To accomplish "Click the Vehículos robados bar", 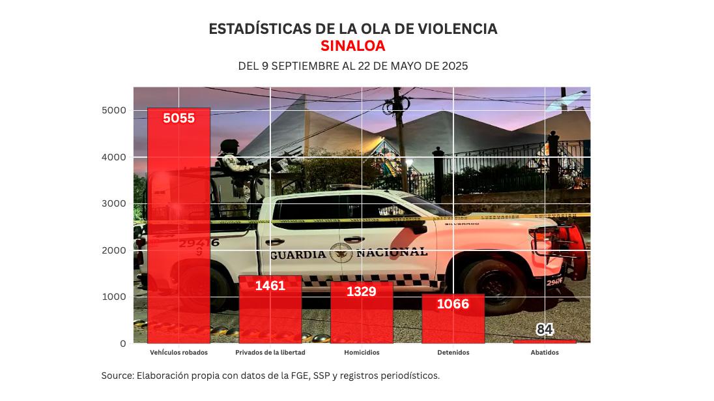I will (x=178, y=225).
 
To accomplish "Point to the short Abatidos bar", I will (x=544, y=341).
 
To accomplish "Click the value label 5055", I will (x=178, y=118).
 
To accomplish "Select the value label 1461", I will (x=270, y=286).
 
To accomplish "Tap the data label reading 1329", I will (x=362, y=291).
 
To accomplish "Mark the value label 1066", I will (x=453, y=304).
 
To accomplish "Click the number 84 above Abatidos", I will (x=545, y=330).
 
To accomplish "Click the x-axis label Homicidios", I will (x=362, y=353).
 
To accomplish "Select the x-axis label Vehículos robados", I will (x=178, y=353).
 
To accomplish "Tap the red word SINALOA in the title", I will (x=352, y=46).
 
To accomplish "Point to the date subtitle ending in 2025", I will (x=352, y=67).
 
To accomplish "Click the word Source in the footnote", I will (x=117, y=376).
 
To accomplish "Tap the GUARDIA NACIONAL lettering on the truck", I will (x=349, y=253).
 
